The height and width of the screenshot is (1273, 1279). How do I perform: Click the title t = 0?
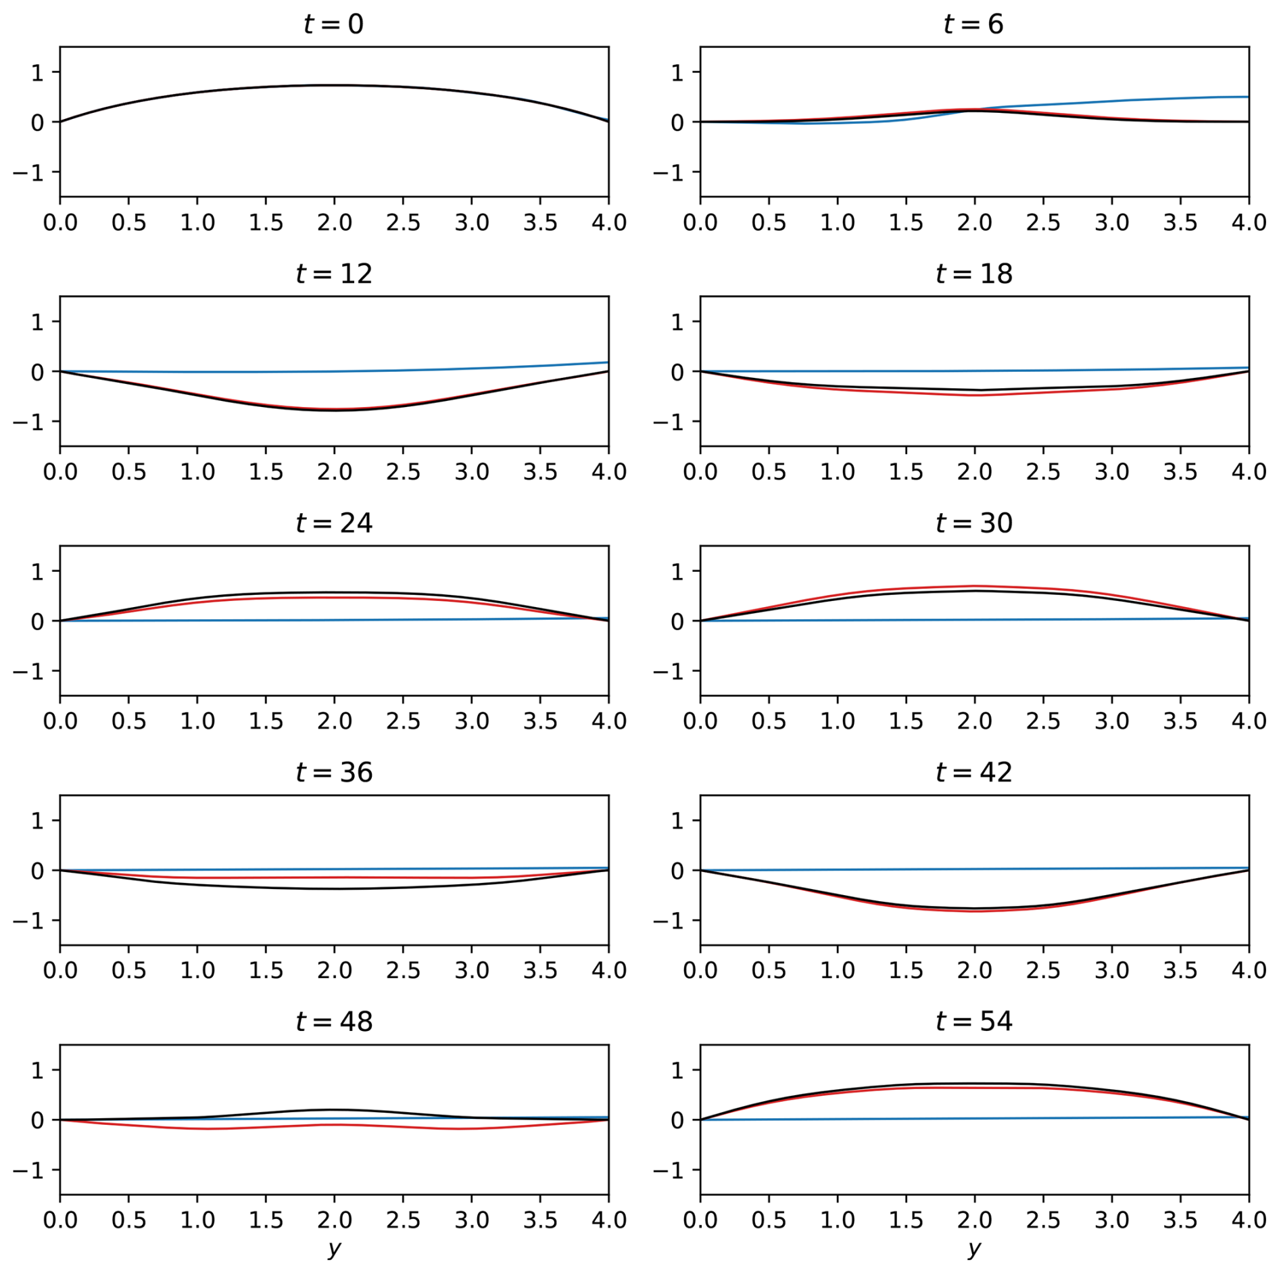click(334, 24)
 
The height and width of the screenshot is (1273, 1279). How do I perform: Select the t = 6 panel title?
click(973, 24)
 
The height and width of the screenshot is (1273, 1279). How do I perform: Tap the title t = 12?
click(334, 274)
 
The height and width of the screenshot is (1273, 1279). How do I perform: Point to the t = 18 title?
click(973, 274)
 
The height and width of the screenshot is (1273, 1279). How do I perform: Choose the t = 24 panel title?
click(334, 523)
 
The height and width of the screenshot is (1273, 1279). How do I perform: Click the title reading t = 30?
click(973, 523)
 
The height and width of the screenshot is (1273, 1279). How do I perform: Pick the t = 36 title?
click(334, 772)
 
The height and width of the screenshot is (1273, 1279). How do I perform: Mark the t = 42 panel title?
click(973, 772)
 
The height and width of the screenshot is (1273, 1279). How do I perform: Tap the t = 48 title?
click(334, 1022)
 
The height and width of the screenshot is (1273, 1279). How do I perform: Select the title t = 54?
click(973, 1022)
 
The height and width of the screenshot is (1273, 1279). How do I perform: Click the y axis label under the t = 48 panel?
click(334, 1249)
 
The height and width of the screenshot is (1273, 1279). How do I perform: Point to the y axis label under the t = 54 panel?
click(973, 1249)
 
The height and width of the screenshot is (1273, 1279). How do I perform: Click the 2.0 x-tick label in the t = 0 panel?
click(334, 222)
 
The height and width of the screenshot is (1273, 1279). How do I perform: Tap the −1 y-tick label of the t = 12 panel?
click(28, 422)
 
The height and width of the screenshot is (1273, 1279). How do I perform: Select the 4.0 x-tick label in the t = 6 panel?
click(1249, 222)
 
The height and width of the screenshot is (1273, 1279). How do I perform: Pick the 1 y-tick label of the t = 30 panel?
click(677, 572)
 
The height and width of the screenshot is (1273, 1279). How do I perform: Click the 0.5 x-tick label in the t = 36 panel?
click(128, 971)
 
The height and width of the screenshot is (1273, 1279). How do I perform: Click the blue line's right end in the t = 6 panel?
click(1248, 97)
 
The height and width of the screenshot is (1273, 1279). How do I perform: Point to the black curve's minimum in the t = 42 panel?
click(974, 909)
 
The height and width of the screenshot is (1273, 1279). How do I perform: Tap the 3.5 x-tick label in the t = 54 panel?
click(1180, 1220)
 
